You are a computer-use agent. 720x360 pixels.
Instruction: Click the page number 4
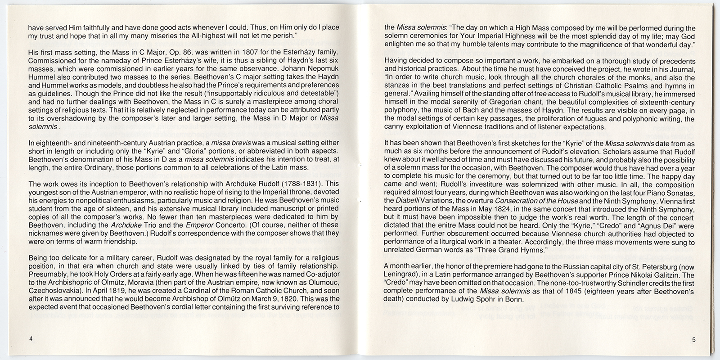tap(30, 338)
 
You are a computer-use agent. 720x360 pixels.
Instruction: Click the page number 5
tap(694, 340)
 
